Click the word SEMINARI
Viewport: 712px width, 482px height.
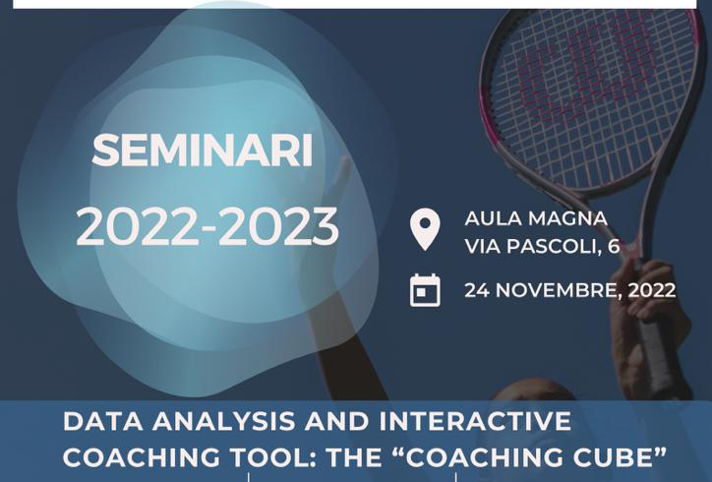pyautogui.click(x=203, y=151)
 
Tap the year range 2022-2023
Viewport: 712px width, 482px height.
pyautogui.click(x=208, y=226)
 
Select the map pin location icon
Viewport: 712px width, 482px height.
pyautogui.click(x=425, y=229)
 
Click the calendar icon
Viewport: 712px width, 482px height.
pyautogui.click(x=425, y=290)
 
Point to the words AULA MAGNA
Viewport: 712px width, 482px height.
pyautogui.click(x=536, y=218)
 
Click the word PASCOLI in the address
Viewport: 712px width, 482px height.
pyautogui.click(x=551, y=246)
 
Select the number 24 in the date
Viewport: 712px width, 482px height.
pyautogui.click(x=477, y=290)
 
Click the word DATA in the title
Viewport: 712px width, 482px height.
pyautogui.click(x=102, y=421)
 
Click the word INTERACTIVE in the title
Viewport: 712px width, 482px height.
pyautogui.click(x=475, y=421)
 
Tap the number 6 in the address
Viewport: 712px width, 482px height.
pyautogui.click(x=614, y=246)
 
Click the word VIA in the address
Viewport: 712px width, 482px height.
pyautogui.click(x=482, y=246)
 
